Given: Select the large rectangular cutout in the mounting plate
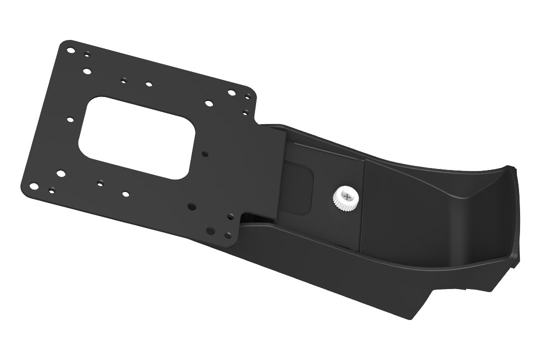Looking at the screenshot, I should click(x=136, y=137).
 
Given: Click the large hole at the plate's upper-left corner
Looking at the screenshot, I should click(x=71, y=50).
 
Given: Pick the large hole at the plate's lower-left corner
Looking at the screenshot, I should click(x=33, y=186).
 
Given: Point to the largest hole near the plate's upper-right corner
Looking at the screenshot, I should click(x=231, y=92).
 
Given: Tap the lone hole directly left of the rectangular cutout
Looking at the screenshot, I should click(x=70, y=119).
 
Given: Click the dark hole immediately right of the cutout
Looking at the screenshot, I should click(x=204, y=154).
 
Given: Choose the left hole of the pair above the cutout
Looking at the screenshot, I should click(x=123, y=79).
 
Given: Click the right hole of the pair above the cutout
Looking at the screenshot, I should click(x=148, y=84).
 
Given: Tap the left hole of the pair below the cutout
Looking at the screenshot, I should click(x=100, y=181).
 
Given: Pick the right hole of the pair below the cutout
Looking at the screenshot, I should click(x=125, y=193).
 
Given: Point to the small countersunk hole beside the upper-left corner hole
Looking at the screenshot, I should click(x=87, y=53).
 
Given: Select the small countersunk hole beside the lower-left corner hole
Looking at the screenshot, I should click(x=51, y=190).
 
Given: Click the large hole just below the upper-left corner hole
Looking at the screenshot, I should click(x=87, y=71).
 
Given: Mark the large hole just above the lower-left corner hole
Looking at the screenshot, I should click(x=60, y=173).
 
